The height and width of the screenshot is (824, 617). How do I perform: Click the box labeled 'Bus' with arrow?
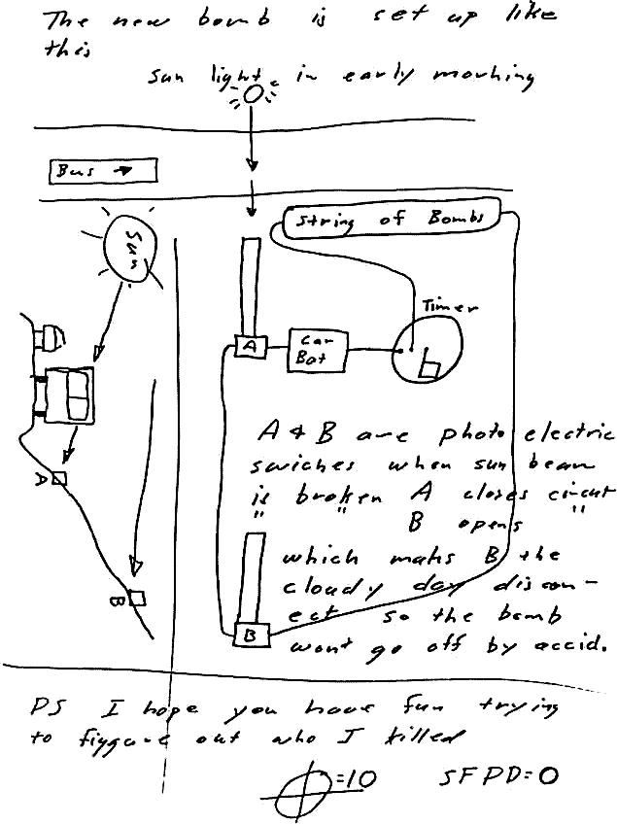click(x=102, y=171)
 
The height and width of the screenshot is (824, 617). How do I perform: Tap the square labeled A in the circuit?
click(x=249, y=346)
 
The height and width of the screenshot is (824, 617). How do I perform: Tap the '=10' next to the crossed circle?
click(x=360, y=776)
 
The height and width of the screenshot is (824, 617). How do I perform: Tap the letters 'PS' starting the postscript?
click(x=47, y=705)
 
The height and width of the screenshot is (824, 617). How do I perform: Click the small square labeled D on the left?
click(x=59, y=477)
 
